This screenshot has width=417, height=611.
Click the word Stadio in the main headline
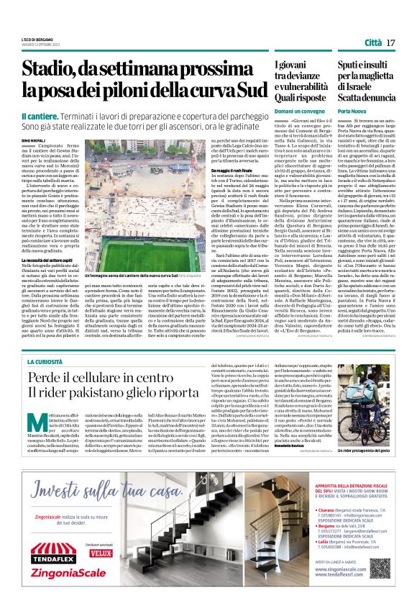tap(49, 71)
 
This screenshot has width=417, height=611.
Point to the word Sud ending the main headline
tap(247, 91)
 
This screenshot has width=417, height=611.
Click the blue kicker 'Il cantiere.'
tap(42, 115)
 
